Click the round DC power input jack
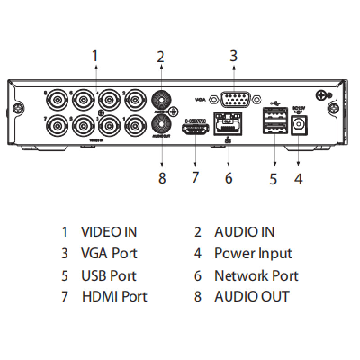point(298,126)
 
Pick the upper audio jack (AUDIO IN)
point(162,98)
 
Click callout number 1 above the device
point(94,56)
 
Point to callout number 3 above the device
point(233,56)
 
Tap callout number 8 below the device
point(162,178)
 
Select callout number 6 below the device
point(229,178)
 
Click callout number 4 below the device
point(298,179)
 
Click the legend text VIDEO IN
point(109,232)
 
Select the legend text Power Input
point(253,253)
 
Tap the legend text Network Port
point(256,275)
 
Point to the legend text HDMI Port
point(114,297)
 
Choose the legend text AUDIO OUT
point(252,297)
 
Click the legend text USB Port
point(108,275)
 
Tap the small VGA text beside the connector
point(200,99)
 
